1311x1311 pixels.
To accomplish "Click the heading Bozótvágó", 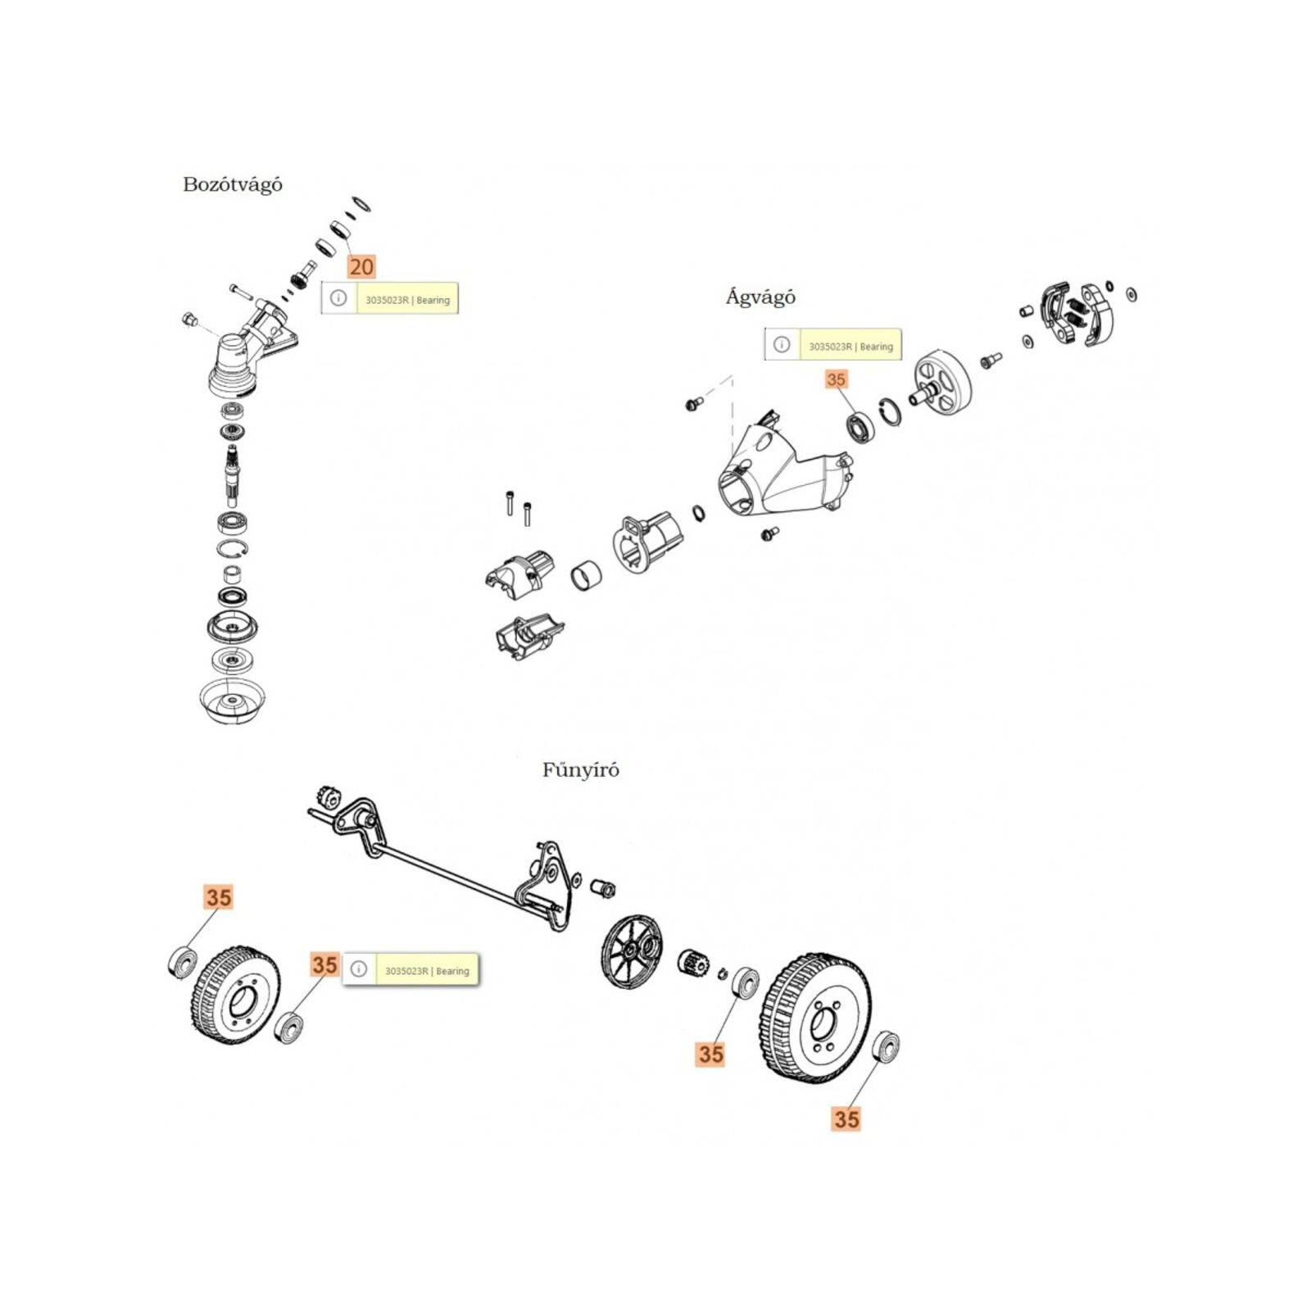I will (233, 184).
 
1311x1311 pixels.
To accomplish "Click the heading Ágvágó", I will (760, 297).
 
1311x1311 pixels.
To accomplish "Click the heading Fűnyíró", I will (580, 769).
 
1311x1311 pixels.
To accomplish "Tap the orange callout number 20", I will (361, 266).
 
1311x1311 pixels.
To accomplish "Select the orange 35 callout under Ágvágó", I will (836, 379).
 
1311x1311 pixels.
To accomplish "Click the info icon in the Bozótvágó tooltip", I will (338, 298).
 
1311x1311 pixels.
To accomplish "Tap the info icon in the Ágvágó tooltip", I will (782, 345).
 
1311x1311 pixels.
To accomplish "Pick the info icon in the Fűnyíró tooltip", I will (358, 969).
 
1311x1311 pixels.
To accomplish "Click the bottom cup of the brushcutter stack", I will (234, 701).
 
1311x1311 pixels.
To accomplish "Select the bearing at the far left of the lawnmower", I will (182, 960).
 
